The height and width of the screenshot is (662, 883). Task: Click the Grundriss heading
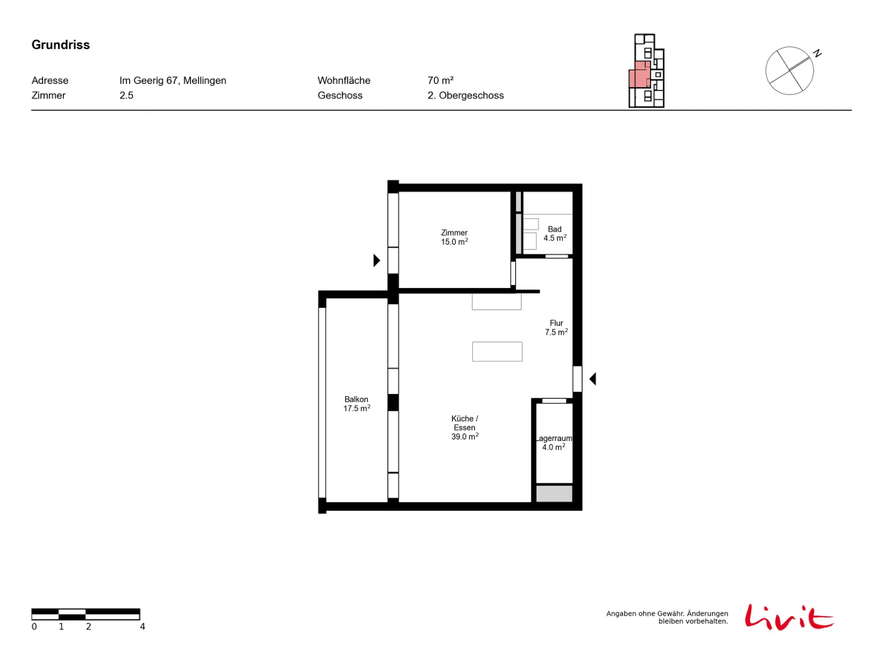[x=60, y=45]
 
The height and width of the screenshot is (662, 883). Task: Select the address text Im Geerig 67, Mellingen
[x=172, y=81]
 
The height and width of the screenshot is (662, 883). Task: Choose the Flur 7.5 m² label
[x=555, y=327]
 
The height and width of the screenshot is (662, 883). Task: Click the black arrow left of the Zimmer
[x=376, y=260]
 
